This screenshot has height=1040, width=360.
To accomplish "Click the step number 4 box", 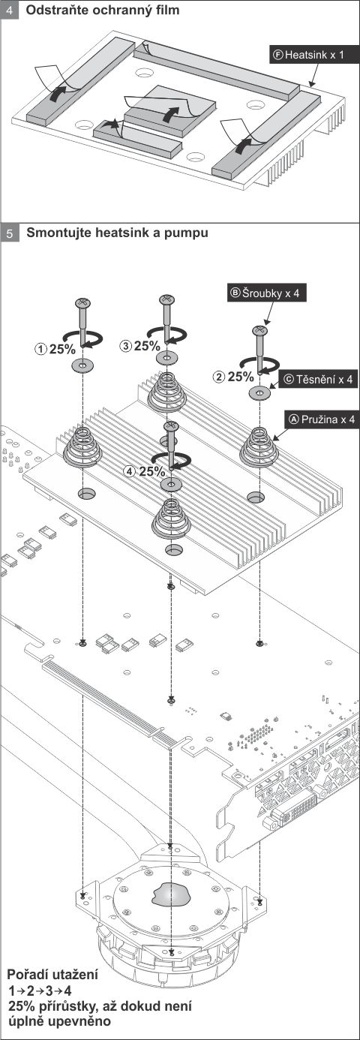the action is click(10, 10).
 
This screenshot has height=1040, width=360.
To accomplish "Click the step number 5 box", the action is click(10, 233).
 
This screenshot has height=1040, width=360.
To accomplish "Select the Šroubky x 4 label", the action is click(267, 293).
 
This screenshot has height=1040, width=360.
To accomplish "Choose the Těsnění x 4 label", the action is click(319, 380).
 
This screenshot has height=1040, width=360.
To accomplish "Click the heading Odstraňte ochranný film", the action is click(103, 10).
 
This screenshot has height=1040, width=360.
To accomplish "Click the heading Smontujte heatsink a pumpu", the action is click(117, 232).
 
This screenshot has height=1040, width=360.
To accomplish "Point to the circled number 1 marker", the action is click(41, 349).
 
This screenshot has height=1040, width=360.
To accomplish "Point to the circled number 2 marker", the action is click(218, 377).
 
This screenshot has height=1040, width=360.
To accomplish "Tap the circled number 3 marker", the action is click(126, 345).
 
